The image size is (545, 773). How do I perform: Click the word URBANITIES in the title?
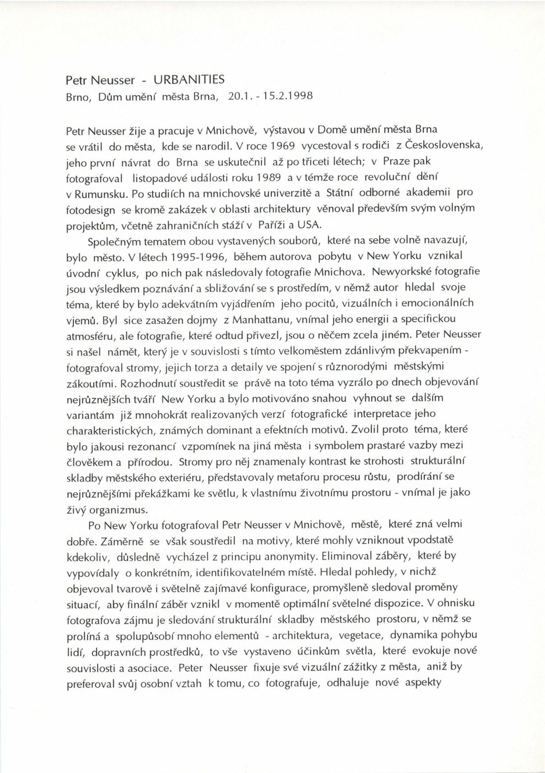[189, 79]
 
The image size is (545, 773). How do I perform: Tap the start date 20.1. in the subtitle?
[239, 96]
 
